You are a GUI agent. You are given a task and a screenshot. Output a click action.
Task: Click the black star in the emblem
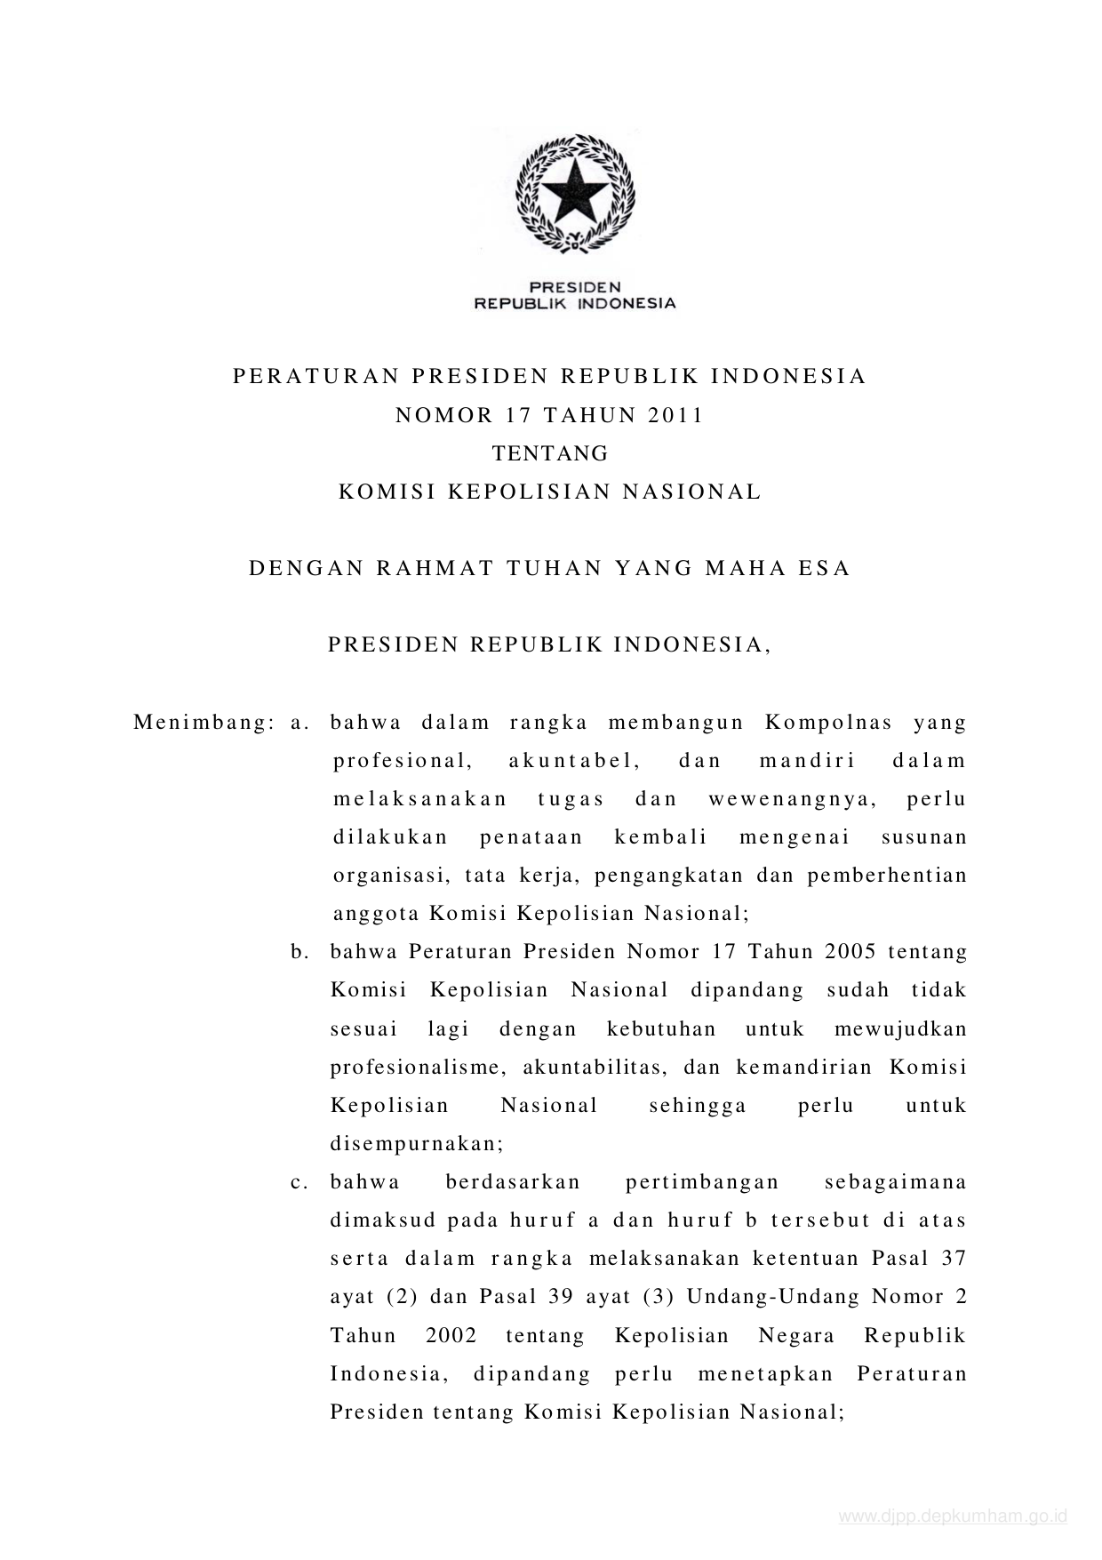pyautogui.click(x=575, y=188)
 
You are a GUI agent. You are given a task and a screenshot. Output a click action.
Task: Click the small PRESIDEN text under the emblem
pyautogui.click(x=575, y=287)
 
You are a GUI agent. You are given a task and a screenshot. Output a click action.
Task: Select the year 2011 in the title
pyautogui.click(x=675, y=415)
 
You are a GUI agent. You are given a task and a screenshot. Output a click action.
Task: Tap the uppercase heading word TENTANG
pyautogui.click(x=551, y=453)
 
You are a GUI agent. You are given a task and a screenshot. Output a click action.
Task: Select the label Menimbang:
pyautogui.click(x=203, y=722)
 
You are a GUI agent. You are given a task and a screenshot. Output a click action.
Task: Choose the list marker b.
pyautogui.click(x=299, y=952)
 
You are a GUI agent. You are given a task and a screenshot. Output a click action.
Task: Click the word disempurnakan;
pyautogui.click(x=417, y=1144)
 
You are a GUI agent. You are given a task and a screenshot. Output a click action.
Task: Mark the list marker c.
pyautogui.click(x=299, y=1183)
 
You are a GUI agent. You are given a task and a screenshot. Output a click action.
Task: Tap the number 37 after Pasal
pyautogui.click(x=952, y=1259)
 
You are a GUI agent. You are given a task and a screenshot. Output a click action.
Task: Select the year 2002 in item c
pyautogui.click(x=451, y=1336)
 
